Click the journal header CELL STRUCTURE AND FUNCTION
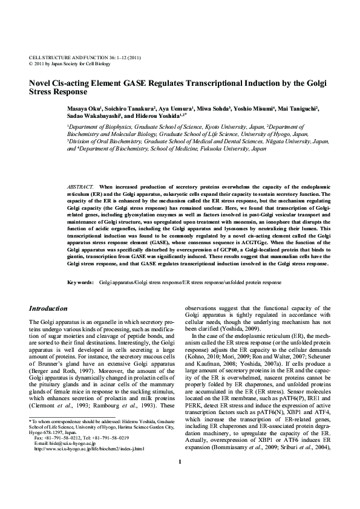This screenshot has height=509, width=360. (67, 56)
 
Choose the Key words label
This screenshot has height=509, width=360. (80, 282)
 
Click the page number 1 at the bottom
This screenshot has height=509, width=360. (180, 496)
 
